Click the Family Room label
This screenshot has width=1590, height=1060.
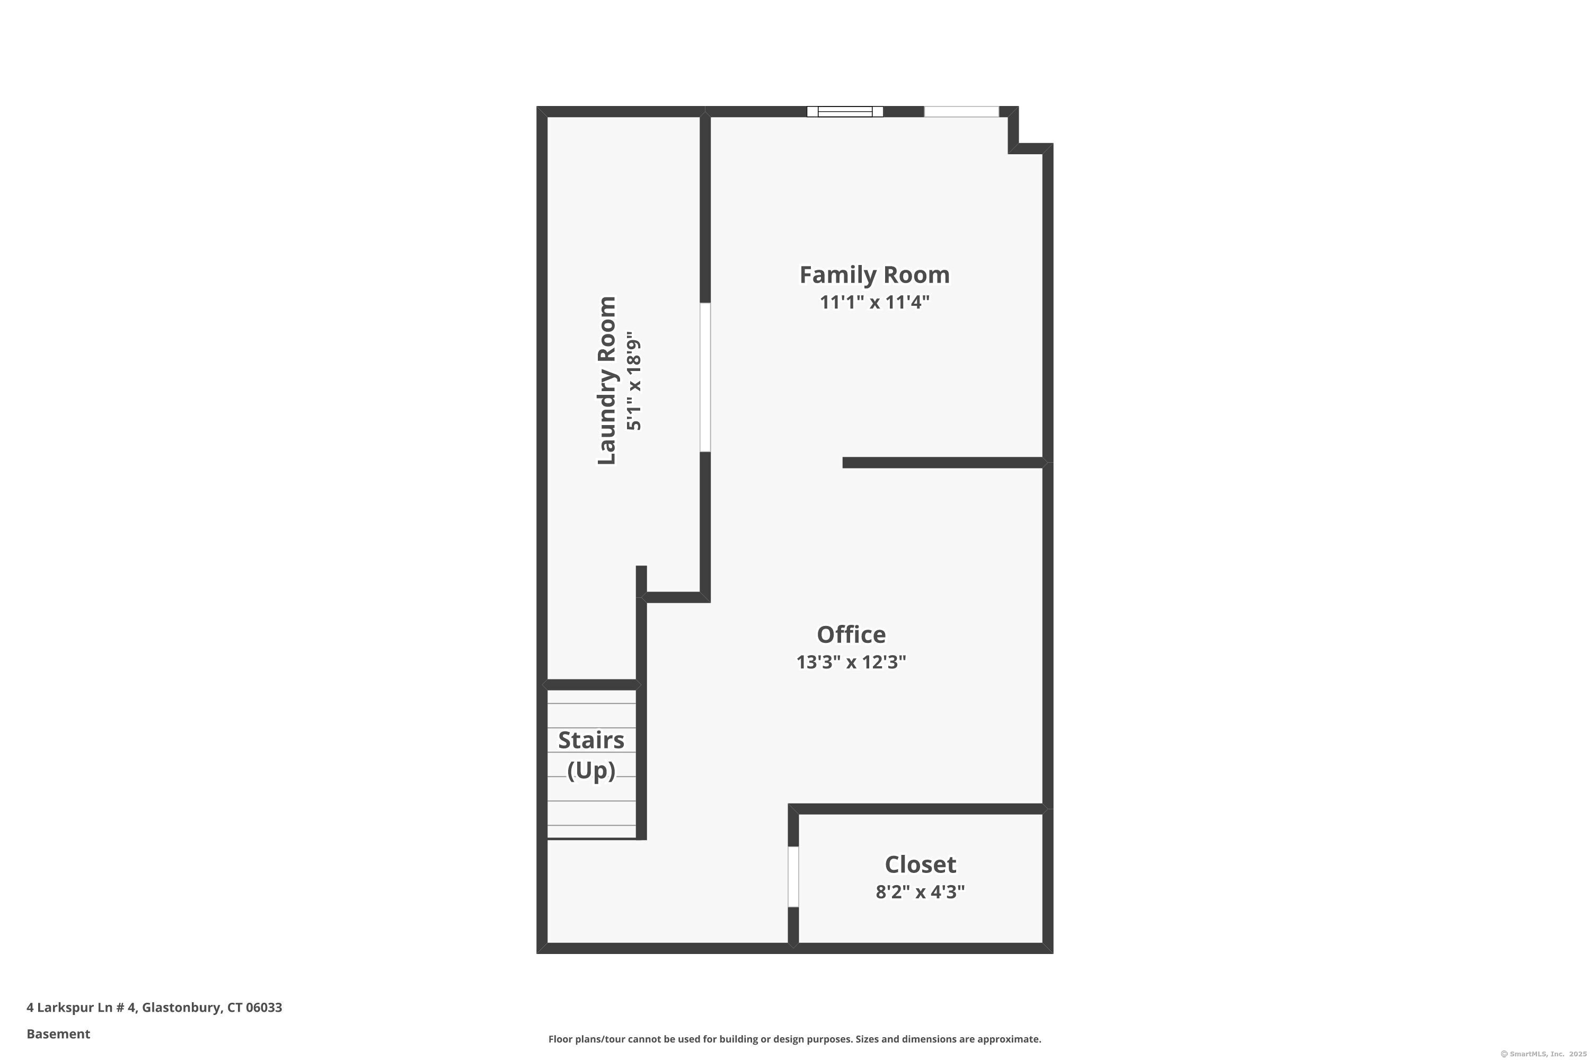(x=874, y=275)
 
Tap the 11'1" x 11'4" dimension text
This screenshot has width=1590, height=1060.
(x=874, y=302)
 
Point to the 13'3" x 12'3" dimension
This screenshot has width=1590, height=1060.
(x=851, y=662)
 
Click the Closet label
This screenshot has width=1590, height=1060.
(x=920, y=864)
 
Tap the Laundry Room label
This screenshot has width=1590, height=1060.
(x=606, y=380)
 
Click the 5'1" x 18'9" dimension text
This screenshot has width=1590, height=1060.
(x=633, y=380)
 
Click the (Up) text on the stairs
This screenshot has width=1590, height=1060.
(x=590, y=770)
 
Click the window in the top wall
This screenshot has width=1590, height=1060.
(x=844, y=111)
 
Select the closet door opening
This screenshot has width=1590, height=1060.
(x=793, y=876)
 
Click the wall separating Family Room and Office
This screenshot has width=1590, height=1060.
(x=942, y=462)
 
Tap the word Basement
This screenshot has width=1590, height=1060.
(x=58, y=1033)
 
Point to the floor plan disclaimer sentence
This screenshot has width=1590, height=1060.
(x=794, y=1039)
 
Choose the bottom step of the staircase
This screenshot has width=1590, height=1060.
(x=591, y=832)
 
